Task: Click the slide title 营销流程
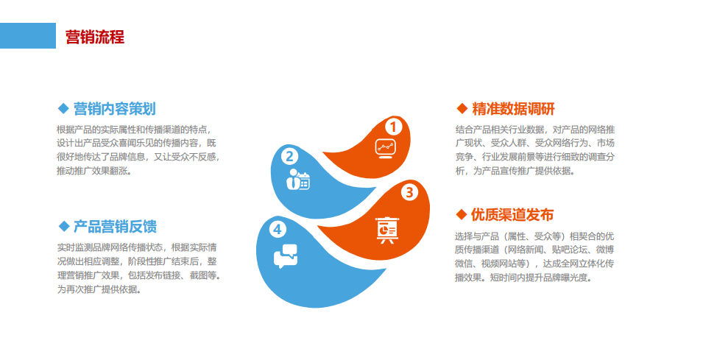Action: pos(95,37)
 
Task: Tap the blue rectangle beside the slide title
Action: pos(28,36)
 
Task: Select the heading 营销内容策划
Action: pos(115,109)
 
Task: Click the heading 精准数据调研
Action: pos(513,109)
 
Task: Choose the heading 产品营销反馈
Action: pos(116,227)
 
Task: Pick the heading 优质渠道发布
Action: pos(512,215)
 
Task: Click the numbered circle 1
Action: pos(393,127)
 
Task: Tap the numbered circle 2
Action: pos(289,157)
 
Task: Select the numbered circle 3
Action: pos(409,192)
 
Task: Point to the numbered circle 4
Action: pos(278,230)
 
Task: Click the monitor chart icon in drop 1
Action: pos(386,149)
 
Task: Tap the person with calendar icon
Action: pos(298,180)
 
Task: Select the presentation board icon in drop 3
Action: pos(387,230)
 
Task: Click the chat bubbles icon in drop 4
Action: pos(286,256)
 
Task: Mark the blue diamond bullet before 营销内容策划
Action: pos(63,108)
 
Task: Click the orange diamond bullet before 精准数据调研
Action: pos(462,108)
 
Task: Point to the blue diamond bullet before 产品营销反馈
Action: pos(63,226)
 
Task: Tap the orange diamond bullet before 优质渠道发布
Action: pos(462,215)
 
